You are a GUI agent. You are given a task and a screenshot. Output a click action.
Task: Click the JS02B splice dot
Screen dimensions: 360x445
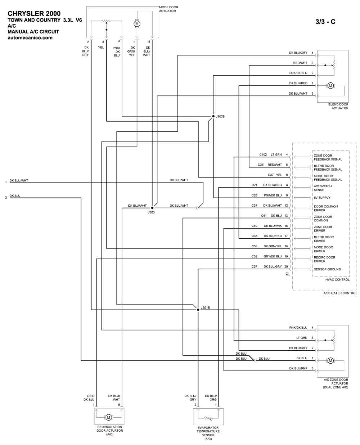[x=213, y=116]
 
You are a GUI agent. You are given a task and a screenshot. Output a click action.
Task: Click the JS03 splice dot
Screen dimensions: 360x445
[x=152, y=208]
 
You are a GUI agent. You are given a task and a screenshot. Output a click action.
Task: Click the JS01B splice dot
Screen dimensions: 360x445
[x=198, y=309]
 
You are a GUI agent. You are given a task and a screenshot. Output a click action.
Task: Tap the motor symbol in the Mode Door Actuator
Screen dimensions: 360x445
[x=137, y=23]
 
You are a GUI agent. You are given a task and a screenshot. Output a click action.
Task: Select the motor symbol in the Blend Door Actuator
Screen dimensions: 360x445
[x=330, y=85]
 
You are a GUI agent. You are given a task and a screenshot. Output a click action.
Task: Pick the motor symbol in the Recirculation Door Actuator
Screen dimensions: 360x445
[x=108, y=417]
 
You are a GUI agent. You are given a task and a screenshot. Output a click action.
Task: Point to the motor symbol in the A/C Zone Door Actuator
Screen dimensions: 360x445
[x=330, y=360]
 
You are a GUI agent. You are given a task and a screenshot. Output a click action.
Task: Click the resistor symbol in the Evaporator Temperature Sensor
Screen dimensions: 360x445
[x=208, y=418]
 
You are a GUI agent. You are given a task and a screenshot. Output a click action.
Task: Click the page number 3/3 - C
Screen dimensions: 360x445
[x=325, y=22]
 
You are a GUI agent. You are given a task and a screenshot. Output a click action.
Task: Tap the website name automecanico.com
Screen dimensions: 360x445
[x=30, y=38]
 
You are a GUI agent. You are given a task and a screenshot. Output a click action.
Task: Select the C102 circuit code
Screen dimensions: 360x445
[x=263, y=154]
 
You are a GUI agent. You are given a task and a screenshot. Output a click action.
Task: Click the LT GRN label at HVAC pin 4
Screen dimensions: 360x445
[x=276, y=154]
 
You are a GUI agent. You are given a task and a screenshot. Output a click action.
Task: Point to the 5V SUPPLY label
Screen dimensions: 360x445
[x=322, y=198]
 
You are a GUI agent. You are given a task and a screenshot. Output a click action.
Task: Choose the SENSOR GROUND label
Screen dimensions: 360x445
[x=327, y=269]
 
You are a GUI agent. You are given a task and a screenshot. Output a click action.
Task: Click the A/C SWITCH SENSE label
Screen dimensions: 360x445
[x=323, y=188]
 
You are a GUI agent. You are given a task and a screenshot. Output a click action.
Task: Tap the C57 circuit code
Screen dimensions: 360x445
[x=254, y=266]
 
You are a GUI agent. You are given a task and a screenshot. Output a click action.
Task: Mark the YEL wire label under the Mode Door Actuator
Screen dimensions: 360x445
[x=101, y=48]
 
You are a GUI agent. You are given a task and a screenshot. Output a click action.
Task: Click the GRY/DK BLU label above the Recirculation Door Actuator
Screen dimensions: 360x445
[x=89, y=398]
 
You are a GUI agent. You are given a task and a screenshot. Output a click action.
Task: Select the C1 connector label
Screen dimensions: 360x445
[x=288, y=274]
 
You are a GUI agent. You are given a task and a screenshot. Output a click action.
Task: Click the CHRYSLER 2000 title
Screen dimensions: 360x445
[x=34, y=14]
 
